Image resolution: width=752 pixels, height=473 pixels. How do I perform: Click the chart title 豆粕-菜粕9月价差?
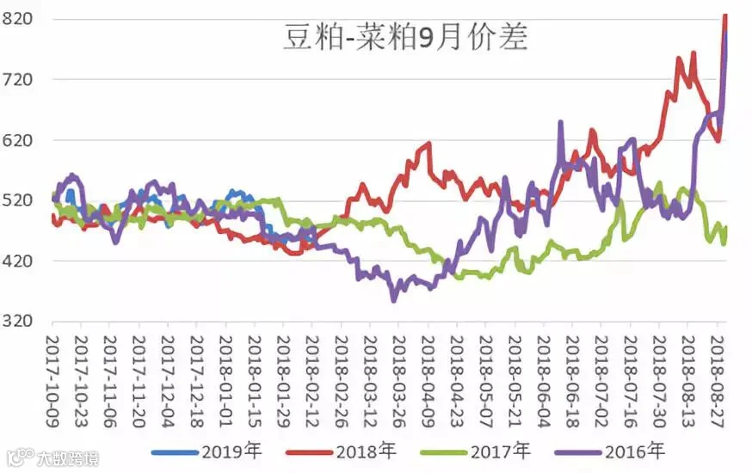tap(406, 37)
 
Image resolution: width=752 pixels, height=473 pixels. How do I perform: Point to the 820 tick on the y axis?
tap(17, 19)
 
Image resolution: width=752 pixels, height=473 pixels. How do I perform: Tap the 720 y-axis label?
tap(17, 80)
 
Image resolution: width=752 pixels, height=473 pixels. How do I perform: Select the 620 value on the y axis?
tap(17, 140)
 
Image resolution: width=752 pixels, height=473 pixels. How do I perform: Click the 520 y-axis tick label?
tap(17, 200)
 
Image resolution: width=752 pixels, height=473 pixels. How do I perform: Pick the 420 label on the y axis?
tap(17, 261)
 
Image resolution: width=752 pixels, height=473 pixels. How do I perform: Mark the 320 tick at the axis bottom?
tap(17, 321)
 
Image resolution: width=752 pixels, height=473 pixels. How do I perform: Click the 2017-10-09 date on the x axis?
tap(52, 381)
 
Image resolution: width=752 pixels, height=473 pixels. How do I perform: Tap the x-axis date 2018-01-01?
tap(225, 381)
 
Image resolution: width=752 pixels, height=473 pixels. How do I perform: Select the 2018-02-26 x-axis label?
tap(341, 381)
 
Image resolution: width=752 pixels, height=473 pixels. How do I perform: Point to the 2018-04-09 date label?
tap(428, 381)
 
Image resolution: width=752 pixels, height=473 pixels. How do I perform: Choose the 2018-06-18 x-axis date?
tap(572, 381)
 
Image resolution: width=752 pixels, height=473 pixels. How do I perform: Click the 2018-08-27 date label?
tap(717, 381)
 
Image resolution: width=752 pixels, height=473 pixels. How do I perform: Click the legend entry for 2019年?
tap(206, 451)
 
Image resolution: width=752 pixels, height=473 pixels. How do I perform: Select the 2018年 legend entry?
tap(341, 451)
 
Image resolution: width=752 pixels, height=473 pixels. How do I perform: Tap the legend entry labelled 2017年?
tap(476, 451)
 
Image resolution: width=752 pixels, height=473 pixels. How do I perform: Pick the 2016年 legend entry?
tap(610, 451)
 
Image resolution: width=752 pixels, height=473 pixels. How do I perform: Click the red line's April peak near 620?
tap(428, 144)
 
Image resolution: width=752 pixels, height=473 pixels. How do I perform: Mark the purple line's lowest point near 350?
tap(394, 300)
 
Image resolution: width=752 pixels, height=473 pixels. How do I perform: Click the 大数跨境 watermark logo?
tap(52, 458)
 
